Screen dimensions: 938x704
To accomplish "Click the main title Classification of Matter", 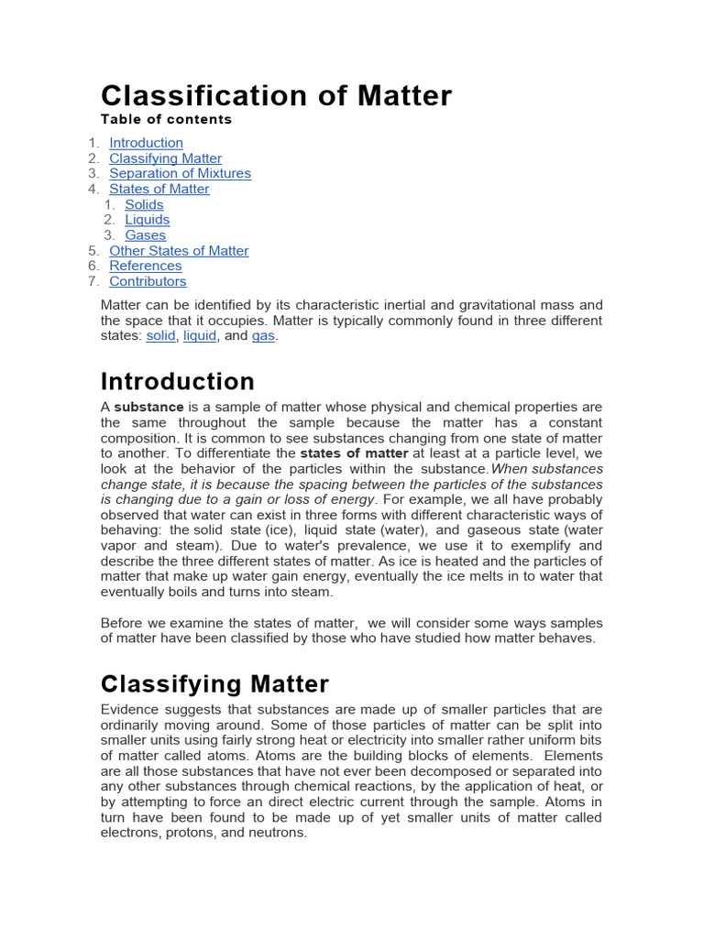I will pyautogui.click(x=276, y=95).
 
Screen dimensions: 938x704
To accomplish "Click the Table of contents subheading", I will pyautogui.click(x=166, y=120).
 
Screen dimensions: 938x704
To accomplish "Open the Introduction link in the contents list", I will pyautogui.click(x=146, y=143).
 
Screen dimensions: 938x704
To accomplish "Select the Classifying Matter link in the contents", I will pyautogui.click(x=165, y=158).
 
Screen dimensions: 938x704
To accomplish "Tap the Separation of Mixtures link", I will pyautogui.click(x=180, y=173).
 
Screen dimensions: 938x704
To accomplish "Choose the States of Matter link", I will pyautogui.click(x=159, y=189).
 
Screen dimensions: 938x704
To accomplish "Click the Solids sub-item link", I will pyautogui.click(x=144, y=204).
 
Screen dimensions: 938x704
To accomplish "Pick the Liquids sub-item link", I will pyautogui.click(x=147, y=220).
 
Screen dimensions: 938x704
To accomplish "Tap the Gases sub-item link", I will pyautogui.click(x=145, y=235).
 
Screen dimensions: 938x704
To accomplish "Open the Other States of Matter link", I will pyautogui.click(x=179, y=251).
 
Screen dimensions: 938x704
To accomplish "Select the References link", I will pyautogui.click(x=145, y=266).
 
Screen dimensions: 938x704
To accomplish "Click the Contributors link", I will pyautogui.click(x=148, y=281).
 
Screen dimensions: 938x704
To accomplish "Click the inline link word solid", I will pyautogui.click(x=160, y=336).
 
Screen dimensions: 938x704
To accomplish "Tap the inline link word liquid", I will pyautogui.click(x=200, y=336).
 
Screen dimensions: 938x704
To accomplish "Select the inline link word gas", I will pyautogui.click(x=263, y=336).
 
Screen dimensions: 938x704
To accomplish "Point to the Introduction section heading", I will pyautogui.click(x=177, y=381).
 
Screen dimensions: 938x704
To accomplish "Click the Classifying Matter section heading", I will pyautogui.click(x=214, y=684).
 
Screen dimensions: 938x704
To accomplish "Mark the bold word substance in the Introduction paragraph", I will pyautogui.click(x=148, y=407).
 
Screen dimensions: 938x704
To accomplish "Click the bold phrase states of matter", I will pyautogui.click(x=354, y=453).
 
